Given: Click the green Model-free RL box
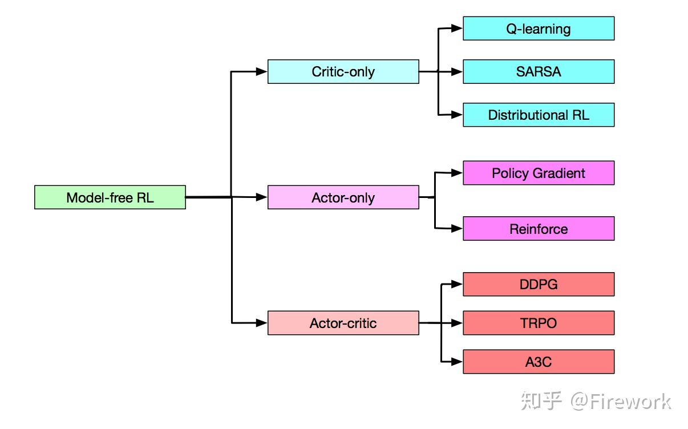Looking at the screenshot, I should pos(110,197).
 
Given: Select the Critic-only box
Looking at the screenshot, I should pos(343,72).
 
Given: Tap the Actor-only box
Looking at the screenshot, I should pos(343,197).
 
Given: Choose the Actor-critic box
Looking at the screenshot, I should pos(343,323).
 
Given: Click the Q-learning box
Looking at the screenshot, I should pos(539,29).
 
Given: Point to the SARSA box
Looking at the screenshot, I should pos(539,72).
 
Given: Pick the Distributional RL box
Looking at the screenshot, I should pos(539,115).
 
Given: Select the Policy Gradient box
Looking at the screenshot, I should pos(539,173).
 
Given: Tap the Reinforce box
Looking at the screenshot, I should pos(539,229).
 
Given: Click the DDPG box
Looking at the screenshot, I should pos(539,284).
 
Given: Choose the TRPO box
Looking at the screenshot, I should pos(539,323).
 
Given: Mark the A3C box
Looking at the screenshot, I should pos(539,362).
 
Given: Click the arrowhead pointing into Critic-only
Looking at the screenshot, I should pos(262,72).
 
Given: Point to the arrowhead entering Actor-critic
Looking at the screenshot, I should pos(262,323).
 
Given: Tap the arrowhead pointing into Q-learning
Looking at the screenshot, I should pos(457,28).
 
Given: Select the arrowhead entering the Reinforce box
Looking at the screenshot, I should pos(457,229).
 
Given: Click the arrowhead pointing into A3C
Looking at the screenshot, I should pos(457,362).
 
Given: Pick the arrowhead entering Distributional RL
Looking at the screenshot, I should pos(457,115).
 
